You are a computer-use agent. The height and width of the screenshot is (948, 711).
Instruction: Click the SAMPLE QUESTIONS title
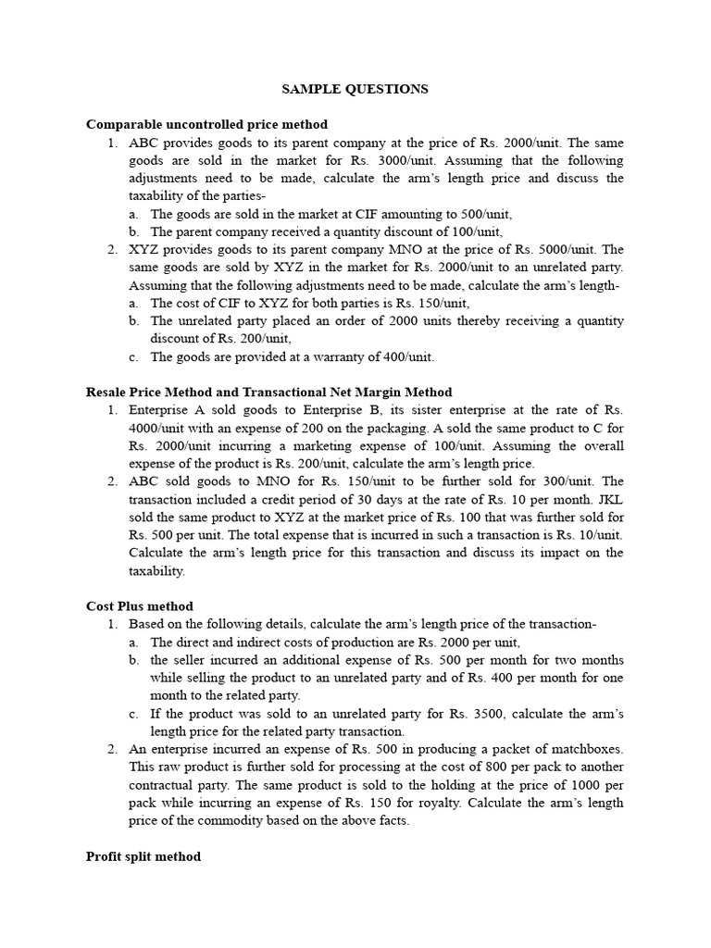coord(355,89)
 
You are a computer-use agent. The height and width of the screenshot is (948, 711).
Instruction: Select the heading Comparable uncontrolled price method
coord(206,124)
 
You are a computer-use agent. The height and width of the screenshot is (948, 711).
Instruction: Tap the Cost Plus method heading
coord(139,606)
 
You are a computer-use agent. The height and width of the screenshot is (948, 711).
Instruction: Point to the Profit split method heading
coord(143,856)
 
